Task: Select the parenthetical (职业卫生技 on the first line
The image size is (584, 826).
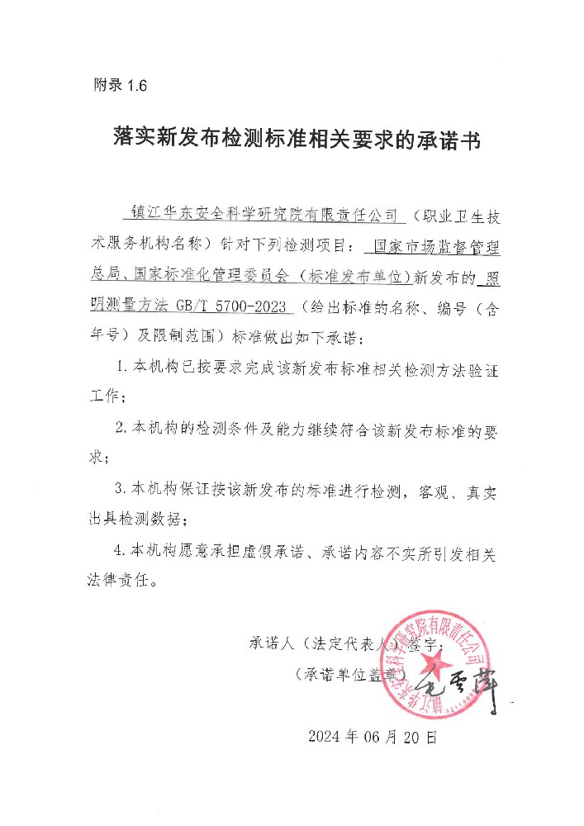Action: tap(453, 216)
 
